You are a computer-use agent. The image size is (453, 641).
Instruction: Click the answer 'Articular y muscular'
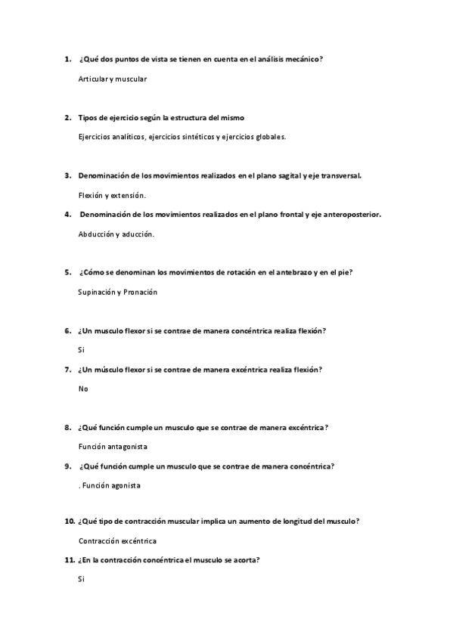(x=112, y=79)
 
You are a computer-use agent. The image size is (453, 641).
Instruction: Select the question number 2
(x=68, y=118)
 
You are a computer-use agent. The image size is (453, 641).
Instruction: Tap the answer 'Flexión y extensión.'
(x=112, y=195)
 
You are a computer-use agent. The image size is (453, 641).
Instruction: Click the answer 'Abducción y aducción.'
(x=116, y=234)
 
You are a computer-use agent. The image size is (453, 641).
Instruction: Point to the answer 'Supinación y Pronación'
(x=117, y=292)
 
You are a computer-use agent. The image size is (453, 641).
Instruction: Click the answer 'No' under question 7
(x=83, y=389)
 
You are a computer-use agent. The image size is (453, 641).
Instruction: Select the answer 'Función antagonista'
(x=113, y=447)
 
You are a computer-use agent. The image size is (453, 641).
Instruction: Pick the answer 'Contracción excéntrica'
(x=117, y=541)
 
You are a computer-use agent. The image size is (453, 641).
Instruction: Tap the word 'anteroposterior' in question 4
(x=348, y=215)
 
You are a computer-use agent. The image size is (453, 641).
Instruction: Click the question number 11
(x=69, y=560)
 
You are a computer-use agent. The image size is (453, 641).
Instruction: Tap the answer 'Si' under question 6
(x=81, y=350)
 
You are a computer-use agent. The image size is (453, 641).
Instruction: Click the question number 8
(x=68, y=427)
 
